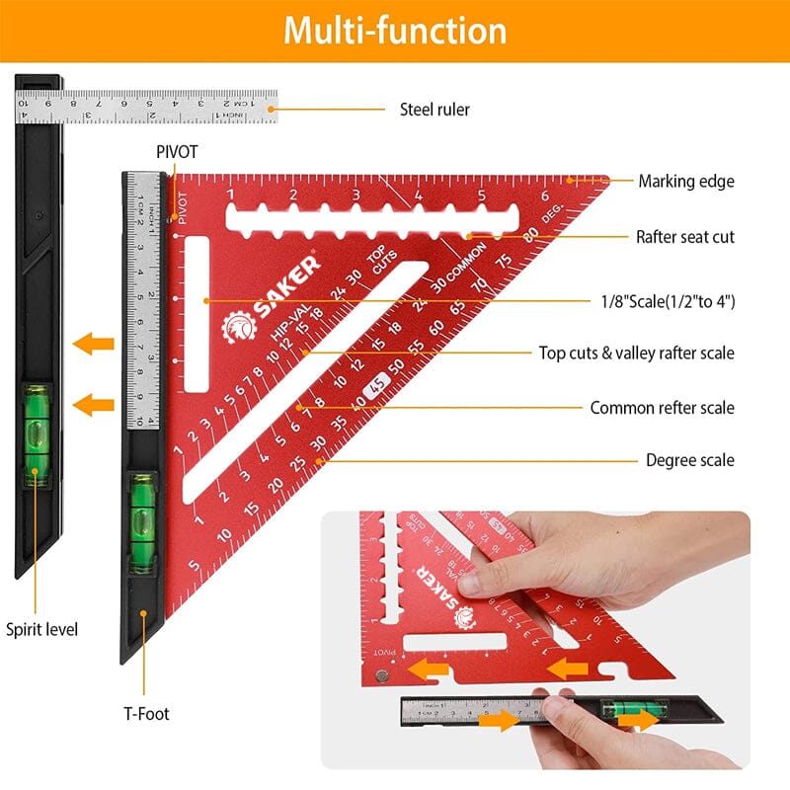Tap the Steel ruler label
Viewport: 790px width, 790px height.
pos(434,110)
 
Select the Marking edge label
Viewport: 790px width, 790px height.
pos(685,181)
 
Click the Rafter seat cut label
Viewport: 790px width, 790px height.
pos(684,237)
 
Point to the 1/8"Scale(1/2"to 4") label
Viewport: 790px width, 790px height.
pos(668,301)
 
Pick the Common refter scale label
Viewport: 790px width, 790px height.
pos(662,407)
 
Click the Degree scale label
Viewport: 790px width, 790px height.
pos(689,460)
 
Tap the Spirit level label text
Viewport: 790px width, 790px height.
pos(41,629)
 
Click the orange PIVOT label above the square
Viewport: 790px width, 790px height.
pos(177,152)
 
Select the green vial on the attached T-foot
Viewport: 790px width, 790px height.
pos(142,523)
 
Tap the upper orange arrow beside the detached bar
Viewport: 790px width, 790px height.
pos(95,345)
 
